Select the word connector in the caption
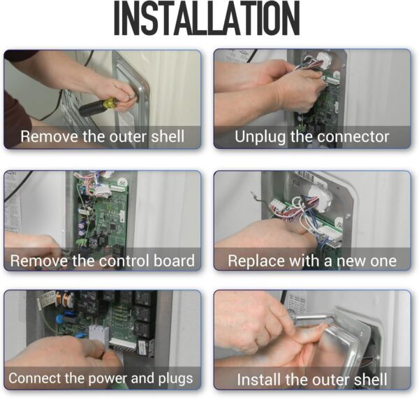coord(353,136)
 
